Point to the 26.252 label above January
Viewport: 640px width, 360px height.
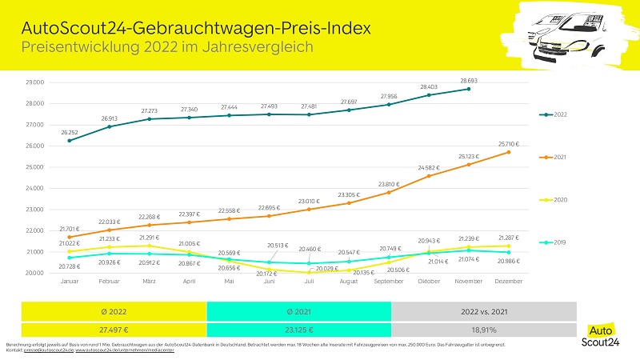[x=70, y=132]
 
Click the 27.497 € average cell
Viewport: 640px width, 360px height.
[x=114, y=329]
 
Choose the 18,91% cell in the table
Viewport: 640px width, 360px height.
[x=483, y=329]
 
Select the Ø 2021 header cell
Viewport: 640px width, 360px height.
[x=298, y=310]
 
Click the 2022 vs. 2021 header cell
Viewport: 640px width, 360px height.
[x=483, y=310]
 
